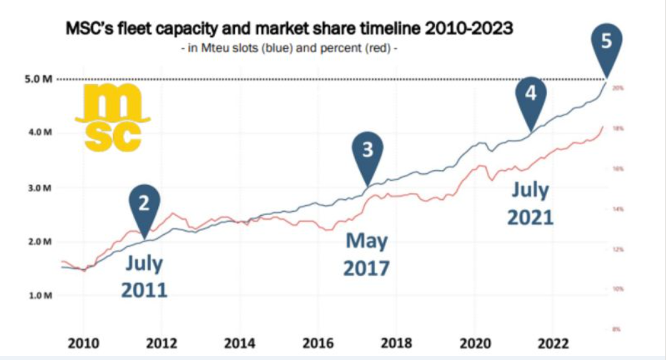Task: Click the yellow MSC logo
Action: point(108,121)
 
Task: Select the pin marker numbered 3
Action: point(368,153)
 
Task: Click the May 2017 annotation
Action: point(367,254)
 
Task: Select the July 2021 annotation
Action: point(530,203)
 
